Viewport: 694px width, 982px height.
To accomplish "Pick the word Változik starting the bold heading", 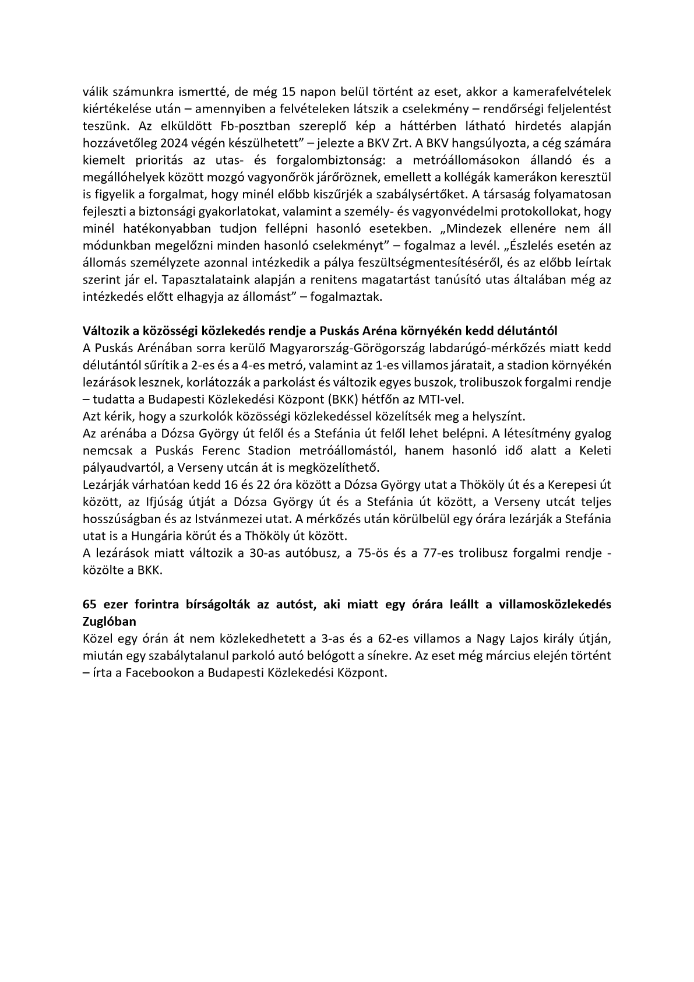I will coord(105,331).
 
